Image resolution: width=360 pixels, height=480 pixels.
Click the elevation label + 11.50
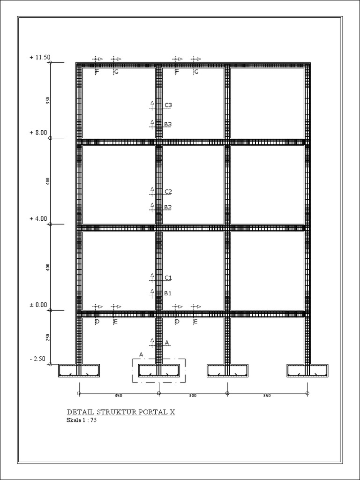[39, 57]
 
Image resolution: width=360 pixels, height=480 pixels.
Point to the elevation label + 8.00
[38, 133]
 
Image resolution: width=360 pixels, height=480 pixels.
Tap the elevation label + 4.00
[38, 218]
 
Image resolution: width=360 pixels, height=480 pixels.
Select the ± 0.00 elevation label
[38, 305]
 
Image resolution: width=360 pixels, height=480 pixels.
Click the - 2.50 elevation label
[37, 359]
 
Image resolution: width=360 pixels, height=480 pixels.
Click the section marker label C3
[168, 105]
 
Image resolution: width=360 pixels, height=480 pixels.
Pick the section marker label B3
[168, 124]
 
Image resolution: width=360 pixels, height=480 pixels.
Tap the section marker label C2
[168, 191]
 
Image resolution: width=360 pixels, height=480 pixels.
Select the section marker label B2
[168, 207]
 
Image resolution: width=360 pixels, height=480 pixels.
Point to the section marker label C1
[168, 277]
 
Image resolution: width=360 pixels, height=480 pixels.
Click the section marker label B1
[168, 293]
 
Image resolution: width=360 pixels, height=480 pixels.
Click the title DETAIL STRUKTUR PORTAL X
[121, 412]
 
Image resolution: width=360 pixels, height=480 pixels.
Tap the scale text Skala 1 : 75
[82, 420]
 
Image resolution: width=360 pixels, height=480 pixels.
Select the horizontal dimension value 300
[193, 396]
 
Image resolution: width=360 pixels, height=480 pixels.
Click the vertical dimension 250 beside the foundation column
[48, 337]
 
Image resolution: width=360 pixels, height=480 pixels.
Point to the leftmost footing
[79, 371]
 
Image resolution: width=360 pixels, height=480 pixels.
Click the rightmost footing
[307, 371]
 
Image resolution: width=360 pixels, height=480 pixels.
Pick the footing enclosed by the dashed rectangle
[159, 371]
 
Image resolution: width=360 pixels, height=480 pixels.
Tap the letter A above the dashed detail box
[141, 354]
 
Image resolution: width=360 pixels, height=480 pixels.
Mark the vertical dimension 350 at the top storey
[48, 100]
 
